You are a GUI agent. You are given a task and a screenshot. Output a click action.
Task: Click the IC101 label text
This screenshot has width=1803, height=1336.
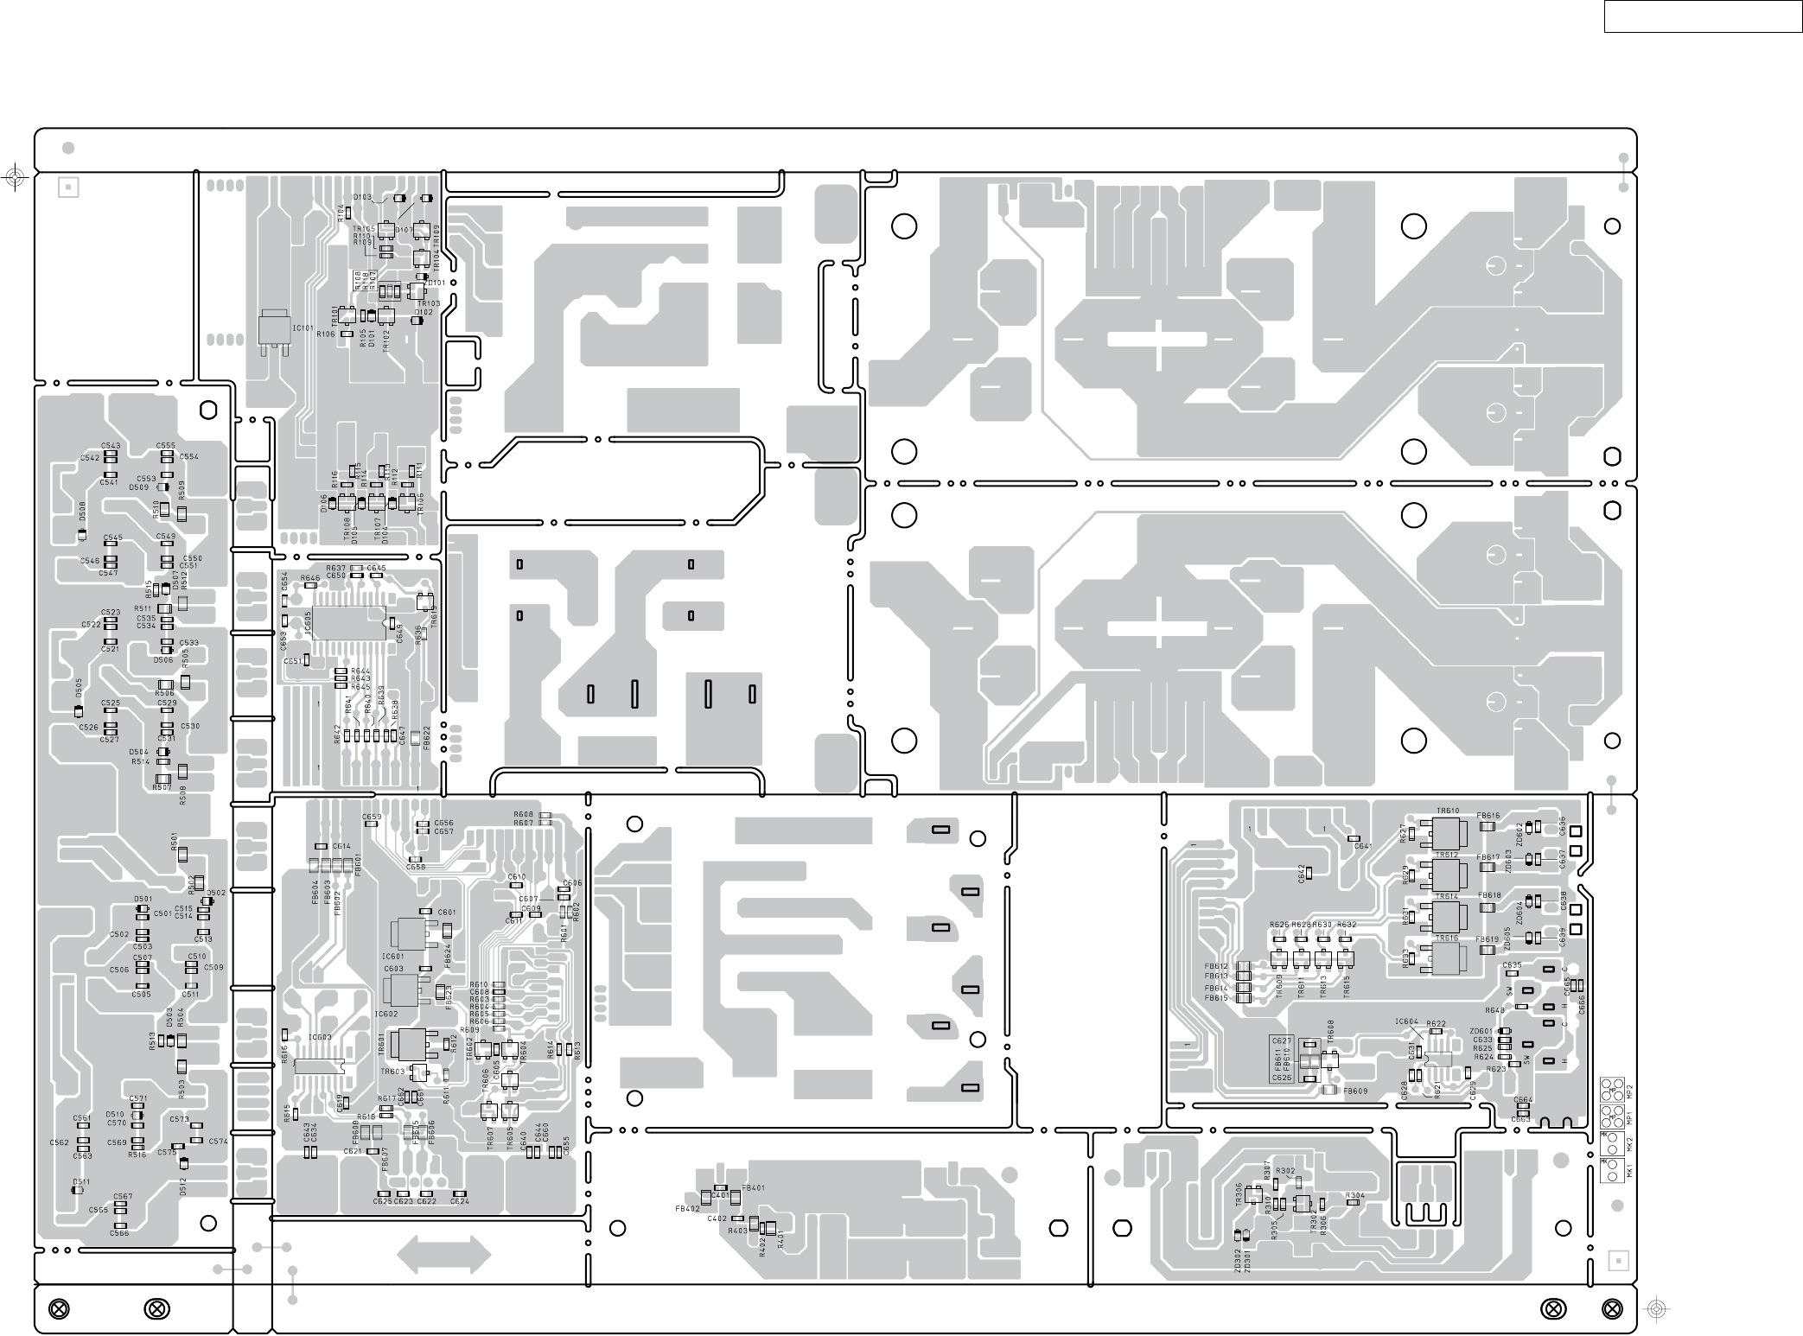pos(303,328)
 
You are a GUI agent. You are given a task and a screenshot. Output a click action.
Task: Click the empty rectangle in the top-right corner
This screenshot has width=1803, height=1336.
pos(1702,16)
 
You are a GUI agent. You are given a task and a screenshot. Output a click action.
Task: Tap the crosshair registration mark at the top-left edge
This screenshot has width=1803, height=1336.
pos(13,178)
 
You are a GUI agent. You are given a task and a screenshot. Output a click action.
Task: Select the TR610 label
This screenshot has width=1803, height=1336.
pos(1448,811)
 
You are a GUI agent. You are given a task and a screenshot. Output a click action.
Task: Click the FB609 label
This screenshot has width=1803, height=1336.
pos(1355,1091)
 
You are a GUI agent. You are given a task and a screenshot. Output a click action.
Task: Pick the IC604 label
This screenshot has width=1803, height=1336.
pos(1406,1022)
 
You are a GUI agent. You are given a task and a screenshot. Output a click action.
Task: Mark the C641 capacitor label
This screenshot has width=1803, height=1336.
pos(1363,846)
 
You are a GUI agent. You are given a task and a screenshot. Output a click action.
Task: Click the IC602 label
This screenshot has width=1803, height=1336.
pos(386,1014)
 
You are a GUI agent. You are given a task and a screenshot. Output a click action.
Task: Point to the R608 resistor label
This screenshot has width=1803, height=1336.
pos(523,814)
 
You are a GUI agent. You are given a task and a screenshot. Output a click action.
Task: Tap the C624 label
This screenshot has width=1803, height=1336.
pos(460,1202)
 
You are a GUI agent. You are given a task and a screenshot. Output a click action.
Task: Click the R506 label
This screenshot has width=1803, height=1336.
pos(164,693)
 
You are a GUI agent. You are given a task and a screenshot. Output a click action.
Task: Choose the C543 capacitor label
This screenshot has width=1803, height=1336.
pos(111,446)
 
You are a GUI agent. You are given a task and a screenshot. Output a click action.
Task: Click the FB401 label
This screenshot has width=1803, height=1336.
pos(753,1188)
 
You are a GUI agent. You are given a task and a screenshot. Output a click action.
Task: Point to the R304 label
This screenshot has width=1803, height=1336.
pos(1355,1196)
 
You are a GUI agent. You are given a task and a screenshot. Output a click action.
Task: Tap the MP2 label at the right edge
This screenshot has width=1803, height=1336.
pos(1628,1091)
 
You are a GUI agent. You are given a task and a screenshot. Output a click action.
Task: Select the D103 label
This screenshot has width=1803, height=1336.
pos(363,197)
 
